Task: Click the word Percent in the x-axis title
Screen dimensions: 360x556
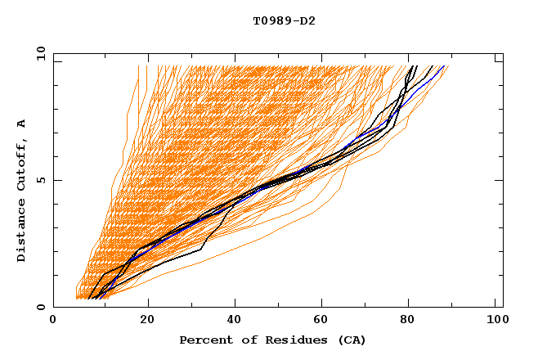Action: (x=202, y=340)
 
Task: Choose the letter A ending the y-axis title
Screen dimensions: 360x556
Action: (x=22, y=123)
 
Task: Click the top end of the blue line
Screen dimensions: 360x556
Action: (x=444, y=66)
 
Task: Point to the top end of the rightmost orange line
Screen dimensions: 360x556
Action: (x=449, y=66)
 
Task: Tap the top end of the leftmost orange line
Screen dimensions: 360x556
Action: (x=137, y=66)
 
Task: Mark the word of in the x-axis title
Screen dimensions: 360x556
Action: (x=244, y=340)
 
